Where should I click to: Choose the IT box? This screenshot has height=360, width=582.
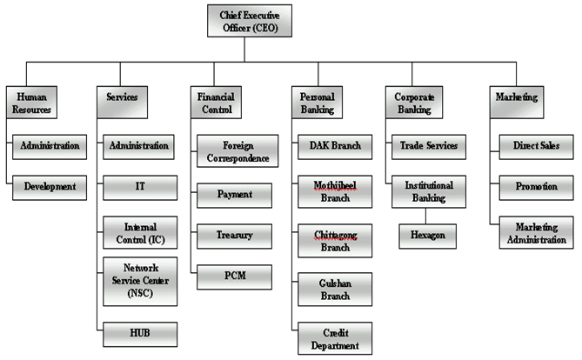pyautogui.click(x=140, y=186)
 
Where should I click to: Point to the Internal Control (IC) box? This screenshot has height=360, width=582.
pyautogui.click(x=140, y=234)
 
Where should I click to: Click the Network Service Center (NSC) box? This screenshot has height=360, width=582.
pyautogui.click(x=140, y=280)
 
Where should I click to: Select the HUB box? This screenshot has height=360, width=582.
pyautogui.click(x=140, y=332)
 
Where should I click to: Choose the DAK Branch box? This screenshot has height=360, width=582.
pyautogui.click(x=335, y=145)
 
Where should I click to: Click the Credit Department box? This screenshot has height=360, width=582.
pyautogui.click(x=335, y=337)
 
